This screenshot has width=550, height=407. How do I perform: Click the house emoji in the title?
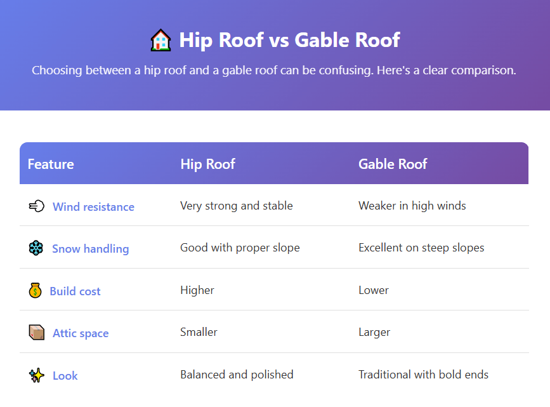160,40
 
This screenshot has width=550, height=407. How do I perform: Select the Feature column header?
51,164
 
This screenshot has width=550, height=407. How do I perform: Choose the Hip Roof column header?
207,164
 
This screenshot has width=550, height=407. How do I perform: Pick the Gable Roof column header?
393,164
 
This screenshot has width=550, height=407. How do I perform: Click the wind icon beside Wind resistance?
37,206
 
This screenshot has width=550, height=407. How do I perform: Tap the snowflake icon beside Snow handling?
36,248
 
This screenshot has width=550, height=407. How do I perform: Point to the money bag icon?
35,291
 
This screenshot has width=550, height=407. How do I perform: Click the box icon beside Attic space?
37,333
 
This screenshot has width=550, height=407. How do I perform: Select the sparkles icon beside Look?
37,375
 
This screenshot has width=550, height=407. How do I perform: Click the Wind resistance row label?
93,207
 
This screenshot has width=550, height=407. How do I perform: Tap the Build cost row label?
75,291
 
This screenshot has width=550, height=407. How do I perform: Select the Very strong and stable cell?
237,206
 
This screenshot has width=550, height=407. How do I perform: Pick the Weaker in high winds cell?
412,206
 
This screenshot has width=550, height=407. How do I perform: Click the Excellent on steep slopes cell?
421,248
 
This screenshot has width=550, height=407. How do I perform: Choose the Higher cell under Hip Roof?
197,290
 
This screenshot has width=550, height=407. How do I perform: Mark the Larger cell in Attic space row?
374,332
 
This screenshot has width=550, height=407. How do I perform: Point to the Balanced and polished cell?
237,375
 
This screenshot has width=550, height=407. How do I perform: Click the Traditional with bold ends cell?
424,375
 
